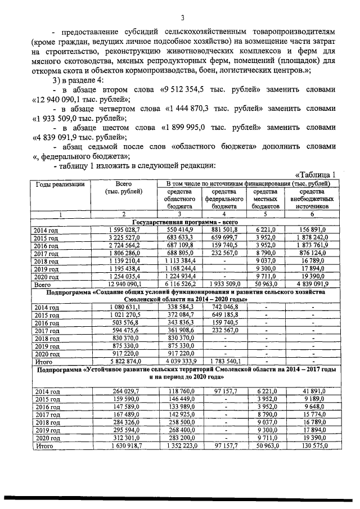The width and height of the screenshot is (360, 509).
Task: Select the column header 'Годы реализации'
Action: pyautogui.click(x=60, y=184)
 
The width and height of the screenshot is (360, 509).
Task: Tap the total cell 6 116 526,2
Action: pyautogui.click(x=179, y=285)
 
